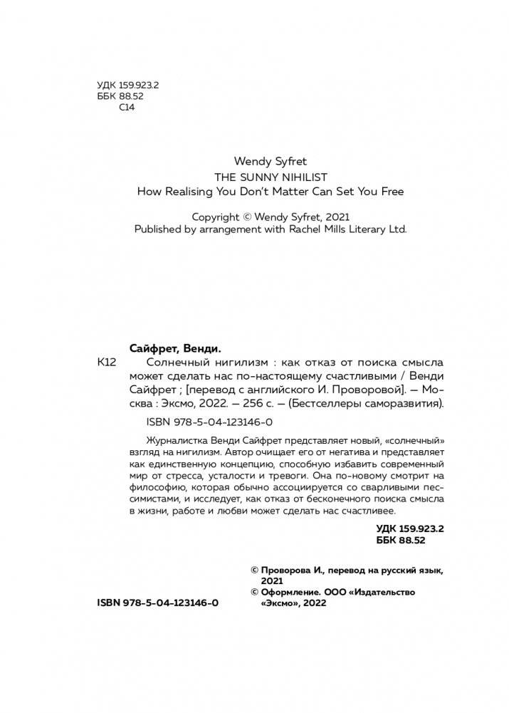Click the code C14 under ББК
pos(126,108)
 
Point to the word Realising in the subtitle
pos(191,192)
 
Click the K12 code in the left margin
pos(105,363)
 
